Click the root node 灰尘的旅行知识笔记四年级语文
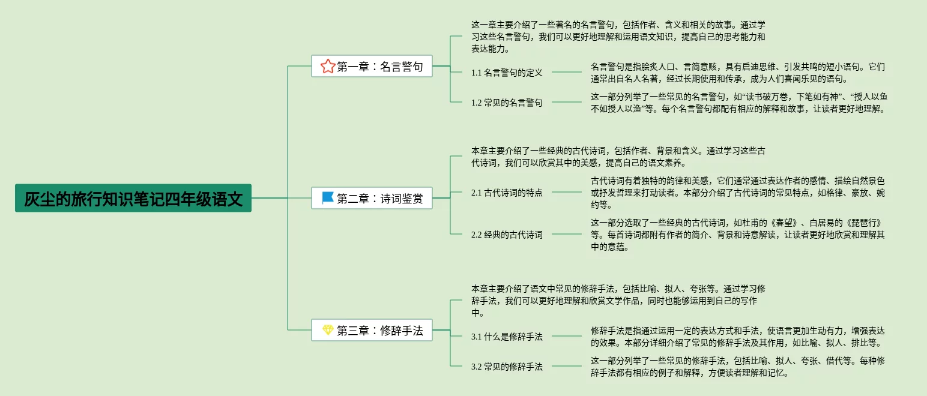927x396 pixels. click(133, 198)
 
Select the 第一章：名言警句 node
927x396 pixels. click(372, 66)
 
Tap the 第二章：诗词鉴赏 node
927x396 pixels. click(372, 198)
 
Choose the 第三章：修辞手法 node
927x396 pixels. click(372, 330)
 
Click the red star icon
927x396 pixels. click(327, 66)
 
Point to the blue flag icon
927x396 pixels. click(327, 197)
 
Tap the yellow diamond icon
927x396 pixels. click(327, 330)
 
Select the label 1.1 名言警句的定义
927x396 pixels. click(507, 73)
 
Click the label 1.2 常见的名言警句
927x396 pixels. click(507, 103)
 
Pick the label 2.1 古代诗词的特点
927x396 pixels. click(507, 193)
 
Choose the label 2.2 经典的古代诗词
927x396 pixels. click(507, 235)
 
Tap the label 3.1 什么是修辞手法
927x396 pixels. click(507, 337)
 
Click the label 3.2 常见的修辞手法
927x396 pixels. click(507, 367)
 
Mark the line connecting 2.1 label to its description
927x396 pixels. click(567, 193)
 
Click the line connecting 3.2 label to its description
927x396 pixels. click(567, 367)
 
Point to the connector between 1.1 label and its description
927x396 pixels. click(567, 73)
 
